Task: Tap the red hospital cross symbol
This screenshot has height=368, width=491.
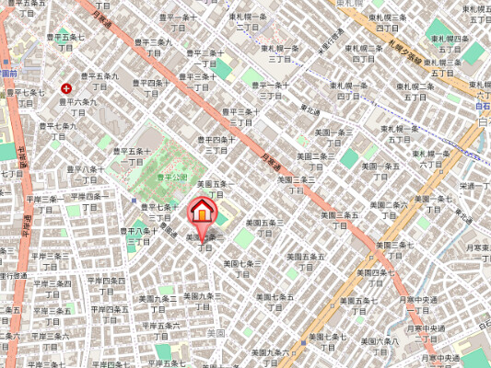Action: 66,87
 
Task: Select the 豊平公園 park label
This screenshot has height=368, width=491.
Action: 170,175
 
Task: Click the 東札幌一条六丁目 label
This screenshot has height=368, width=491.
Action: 430,158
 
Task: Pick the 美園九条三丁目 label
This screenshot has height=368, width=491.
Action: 203,300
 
